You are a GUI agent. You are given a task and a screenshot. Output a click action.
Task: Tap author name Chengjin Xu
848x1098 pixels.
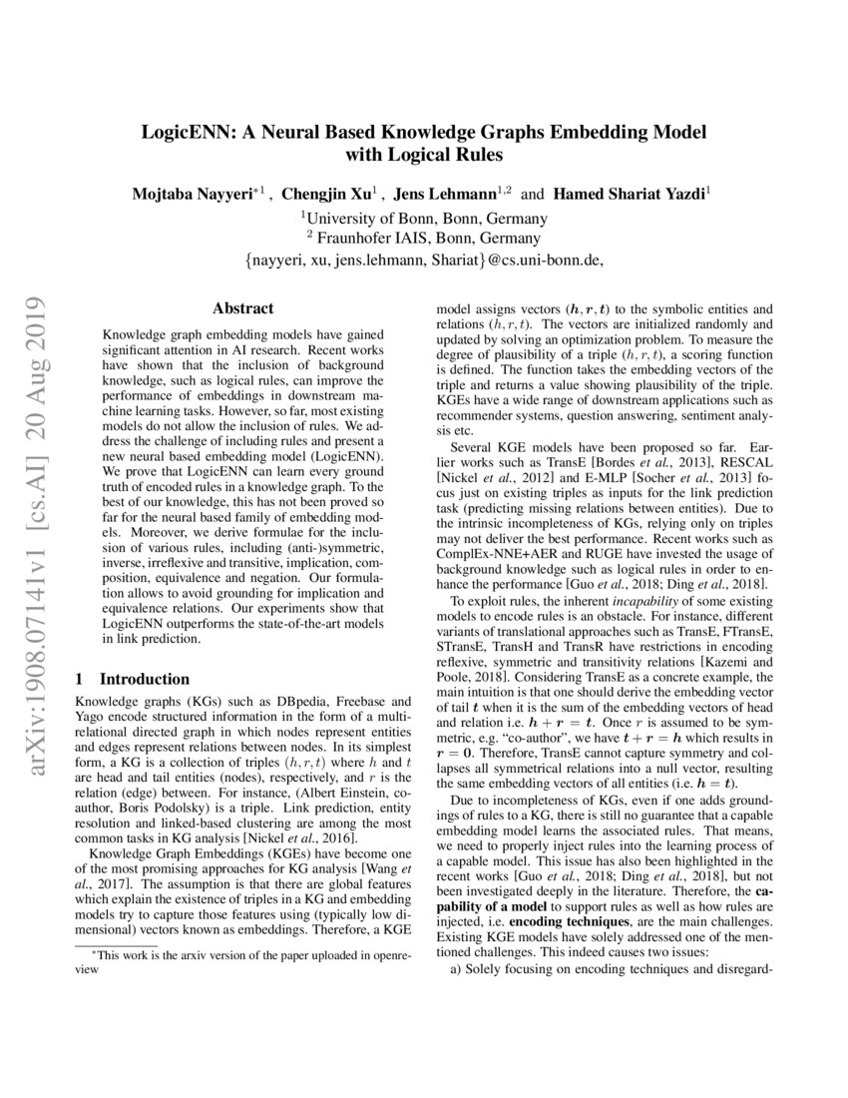tap(325, 194)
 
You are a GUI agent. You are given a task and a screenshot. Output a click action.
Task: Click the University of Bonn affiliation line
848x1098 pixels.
tap(424, 217)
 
